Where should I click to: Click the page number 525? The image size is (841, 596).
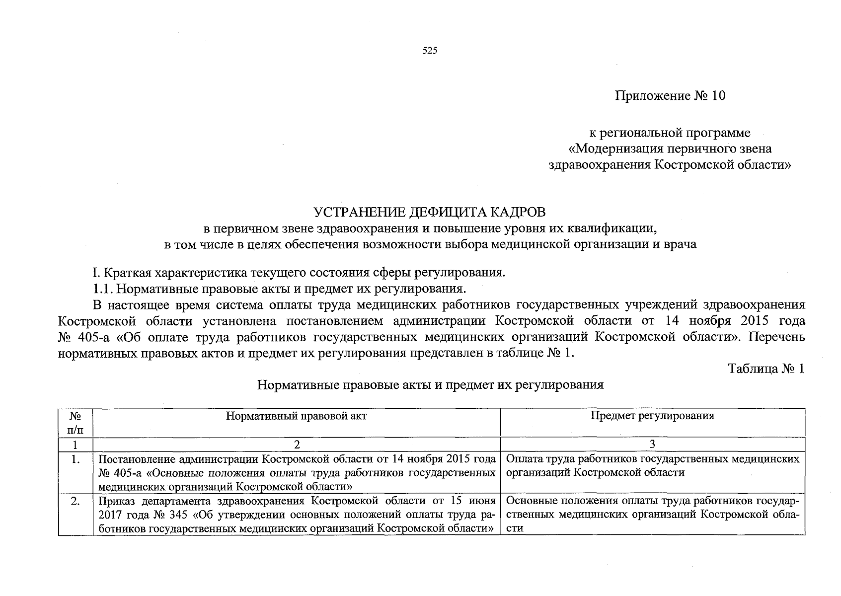pos(429,51)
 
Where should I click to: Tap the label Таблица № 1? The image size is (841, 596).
pos(765,369)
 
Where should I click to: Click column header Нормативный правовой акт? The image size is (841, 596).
pos(296,416)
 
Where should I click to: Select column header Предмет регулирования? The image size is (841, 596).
pos(652,416)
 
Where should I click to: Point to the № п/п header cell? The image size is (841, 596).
pos(76,422)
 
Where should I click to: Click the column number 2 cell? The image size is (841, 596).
pos(296,444)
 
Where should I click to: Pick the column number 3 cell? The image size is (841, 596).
pos(652,444)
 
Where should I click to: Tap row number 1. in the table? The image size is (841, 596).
pos(76,459)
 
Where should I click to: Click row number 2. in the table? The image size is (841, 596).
pos(76,501)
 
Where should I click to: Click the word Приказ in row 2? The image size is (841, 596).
pos(114,501)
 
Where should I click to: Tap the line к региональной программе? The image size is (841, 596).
pos(670,133)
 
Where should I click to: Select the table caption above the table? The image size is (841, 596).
pos(430,385)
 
